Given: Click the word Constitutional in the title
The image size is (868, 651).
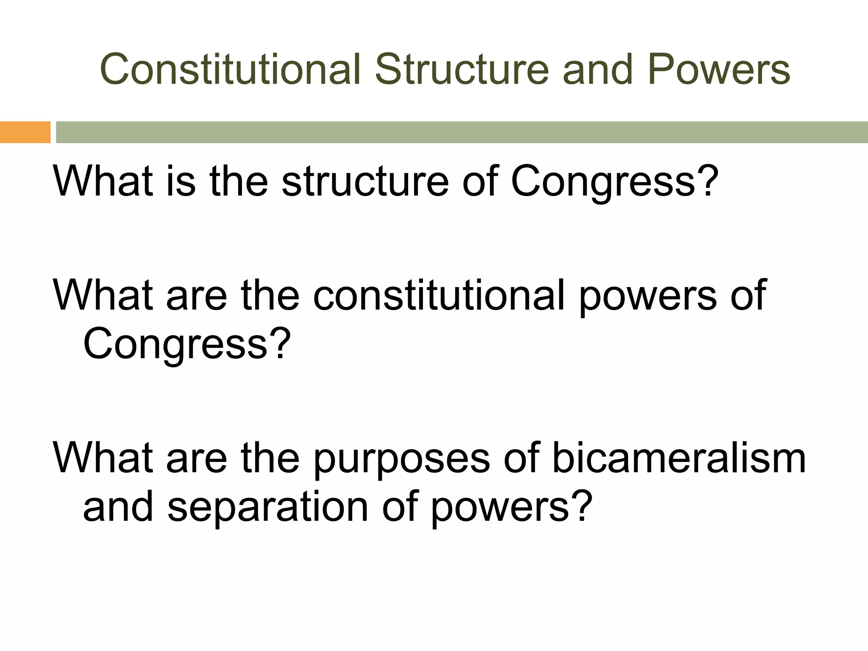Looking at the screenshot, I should [x=231, y=69].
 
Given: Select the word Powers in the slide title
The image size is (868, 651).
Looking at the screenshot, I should [x=719, y=69].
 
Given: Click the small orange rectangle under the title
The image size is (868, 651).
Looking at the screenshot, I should [x=25, y=132].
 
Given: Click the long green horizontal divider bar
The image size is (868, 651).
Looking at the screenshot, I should [x=462, y=132].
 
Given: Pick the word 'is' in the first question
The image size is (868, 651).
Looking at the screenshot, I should [x=181, y=181].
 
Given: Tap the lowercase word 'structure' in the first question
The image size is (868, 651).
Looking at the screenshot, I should [x=365, y=181].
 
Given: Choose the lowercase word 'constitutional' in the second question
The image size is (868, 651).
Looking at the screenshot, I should [x=439, y=295].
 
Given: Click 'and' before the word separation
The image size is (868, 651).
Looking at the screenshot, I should [x=118, y=507].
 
